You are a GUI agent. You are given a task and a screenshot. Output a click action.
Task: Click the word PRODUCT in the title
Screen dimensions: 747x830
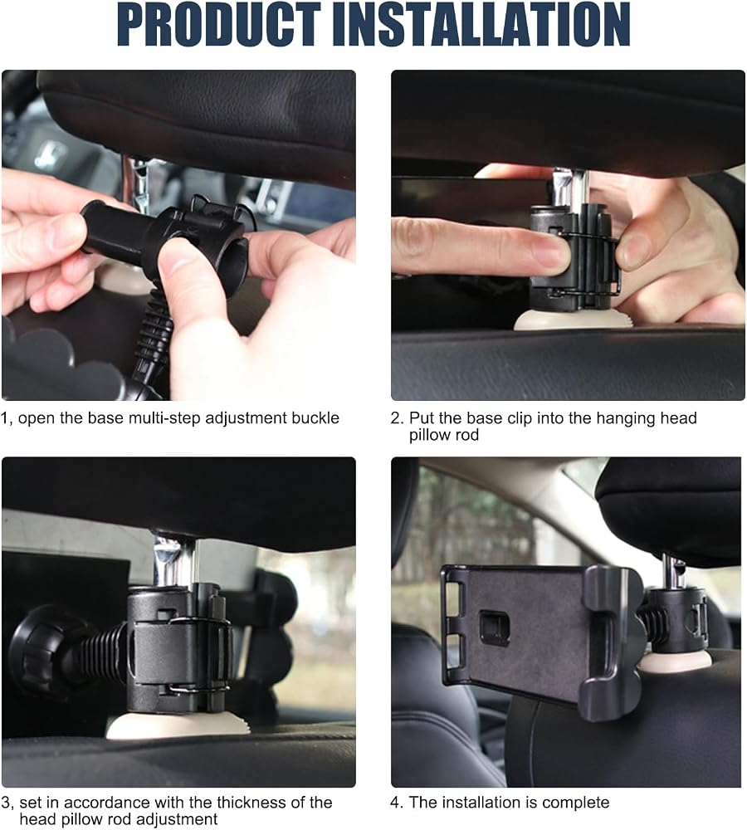(218, 25)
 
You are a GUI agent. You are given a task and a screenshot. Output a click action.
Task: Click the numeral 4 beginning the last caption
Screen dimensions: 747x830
(395, 803)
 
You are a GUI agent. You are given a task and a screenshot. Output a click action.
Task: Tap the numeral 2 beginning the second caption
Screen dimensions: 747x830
(396, 418)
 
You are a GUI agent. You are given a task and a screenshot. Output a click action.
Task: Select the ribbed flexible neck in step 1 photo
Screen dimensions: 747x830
(154, 333)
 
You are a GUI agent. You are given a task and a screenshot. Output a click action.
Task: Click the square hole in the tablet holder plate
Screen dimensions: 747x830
(494, 625)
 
